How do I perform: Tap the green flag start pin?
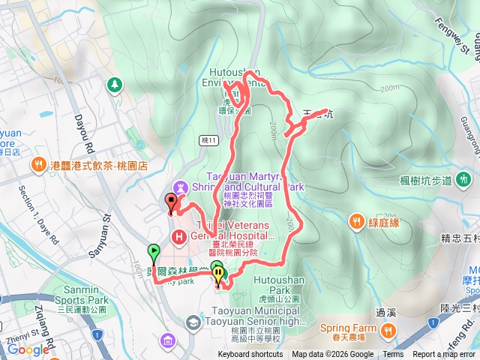[x=154, y=253]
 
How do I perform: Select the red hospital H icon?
[x=180, y=238]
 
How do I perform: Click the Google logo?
[x=28, y=349]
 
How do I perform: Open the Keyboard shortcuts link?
[x=250, y=355]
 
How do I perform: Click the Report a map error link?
[x=444, y=355]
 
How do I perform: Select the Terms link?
[x=393, y=355]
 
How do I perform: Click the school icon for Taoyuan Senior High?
[x=193, y=322]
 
